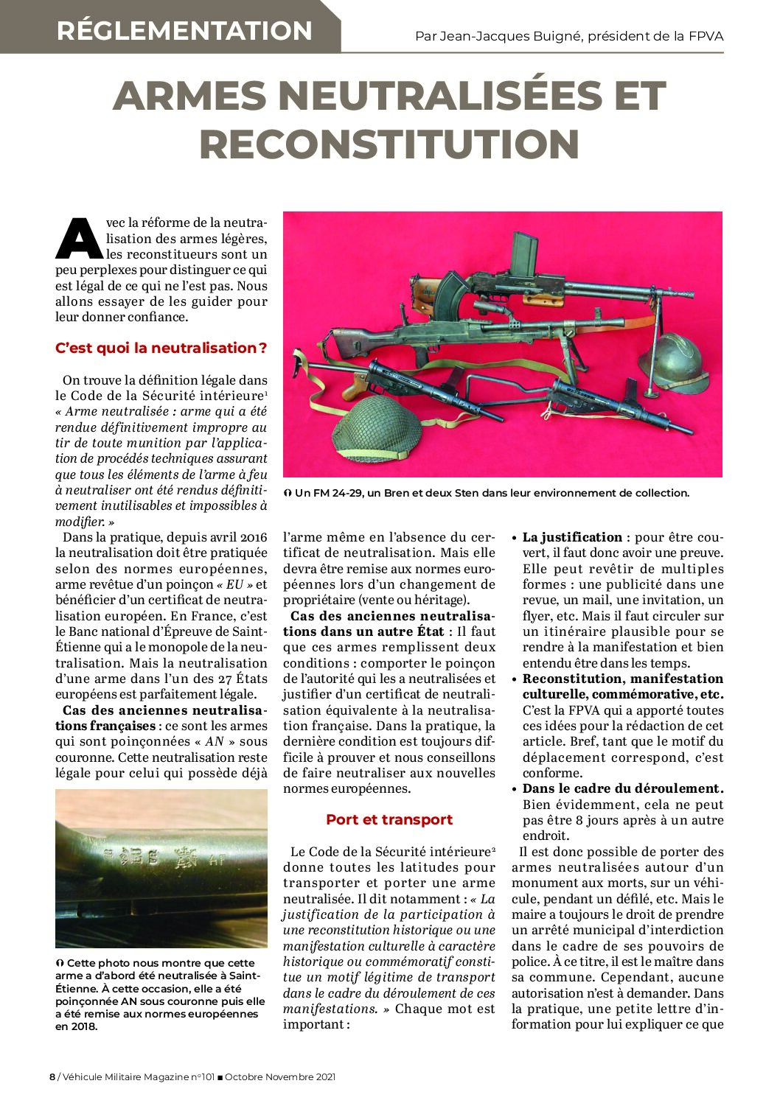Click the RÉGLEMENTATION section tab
[x=184, y=30]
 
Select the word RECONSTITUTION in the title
[x=389, y=144]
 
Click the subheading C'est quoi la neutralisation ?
[x=161, y=348]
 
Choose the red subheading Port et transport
[x=389, y=819]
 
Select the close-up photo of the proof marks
[x=161, y=868]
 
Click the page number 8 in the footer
[x=52, y=1077]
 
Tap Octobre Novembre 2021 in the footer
[x=280, y=1077]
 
